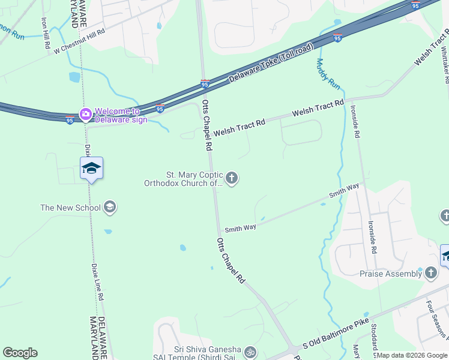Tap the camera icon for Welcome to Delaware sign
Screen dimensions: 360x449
[x=86, y=113]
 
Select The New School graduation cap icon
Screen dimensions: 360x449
[x=109, y=208]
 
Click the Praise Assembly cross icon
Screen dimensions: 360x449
[x=430, y=274]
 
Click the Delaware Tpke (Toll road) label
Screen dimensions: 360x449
[x=271, y=64]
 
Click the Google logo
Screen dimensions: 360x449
[x=20, y=353]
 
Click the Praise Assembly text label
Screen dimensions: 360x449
[x=391, y=274]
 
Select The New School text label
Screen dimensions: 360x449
[x=70, y=208]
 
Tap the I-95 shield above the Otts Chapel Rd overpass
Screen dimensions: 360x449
[x=205, y=84]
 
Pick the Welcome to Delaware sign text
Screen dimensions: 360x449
[x=121, y=115]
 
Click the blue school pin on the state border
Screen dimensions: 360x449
[x=91, y=167]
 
